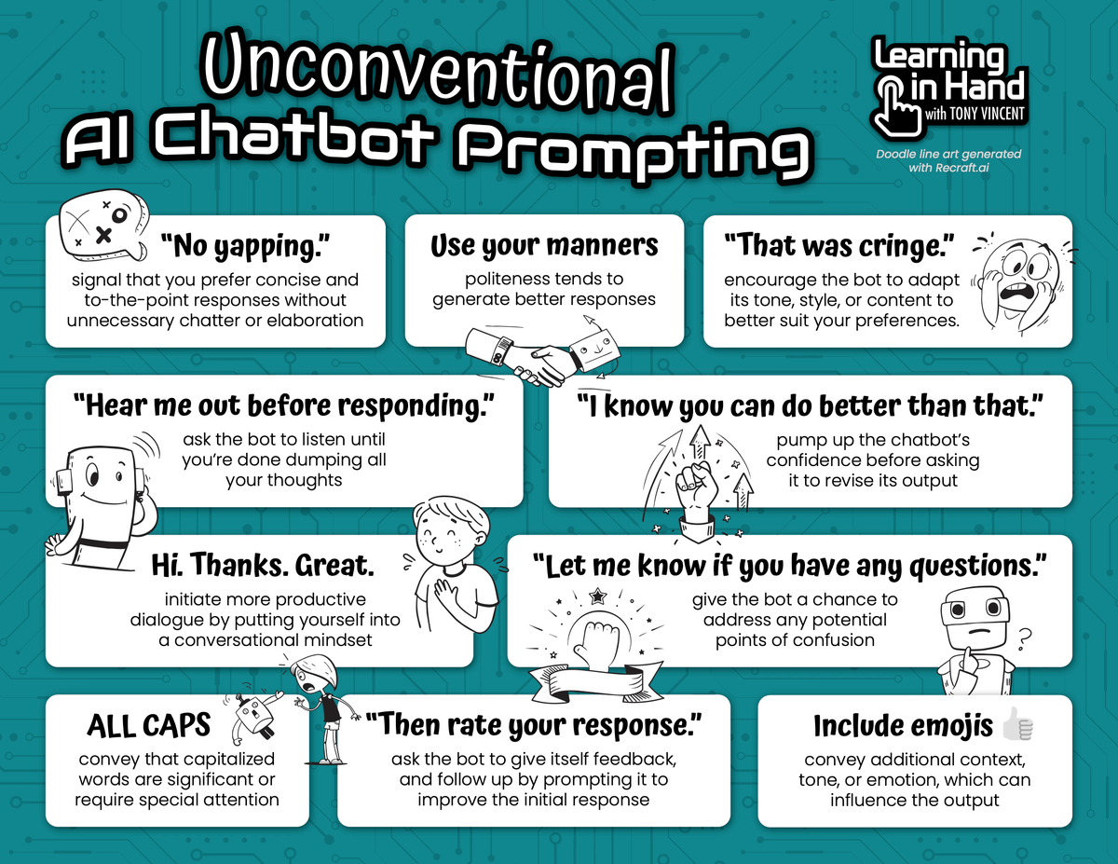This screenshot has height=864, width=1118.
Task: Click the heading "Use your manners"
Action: (x=544, y=246)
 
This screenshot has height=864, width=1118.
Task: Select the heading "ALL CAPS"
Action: (x=149, y=725)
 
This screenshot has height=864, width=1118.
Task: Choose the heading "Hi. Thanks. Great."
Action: (x=263, y=565)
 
